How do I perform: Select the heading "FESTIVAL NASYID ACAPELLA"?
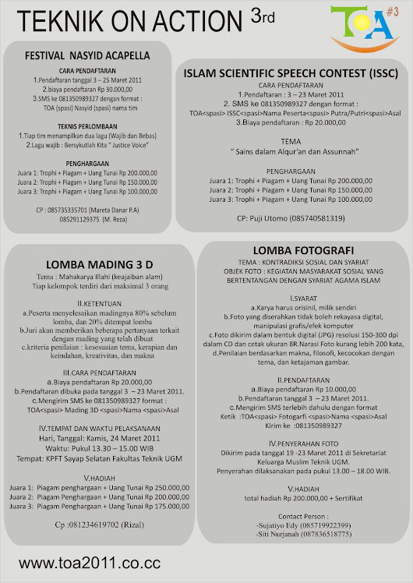86,58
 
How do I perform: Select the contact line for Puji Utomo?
291,218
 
